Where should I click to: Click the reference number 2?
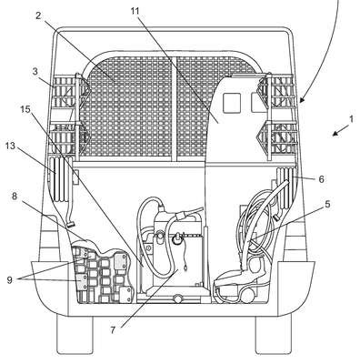pos(38,15)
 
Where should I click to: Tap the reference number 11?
pos(135,11)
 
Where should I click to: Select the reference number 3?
pos(35,73)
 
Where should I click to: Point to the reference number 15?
pos(25,109)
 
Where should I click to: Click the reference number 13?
pos(10,147)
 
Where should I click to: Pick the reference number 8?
pos(15,197)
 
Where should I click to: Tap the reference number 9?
pos(10,280)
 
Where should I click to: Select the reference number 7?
pos(113,329)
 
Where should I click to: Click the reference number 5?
pos(327,205)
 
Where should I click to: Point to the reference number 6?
pos(321,179)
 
